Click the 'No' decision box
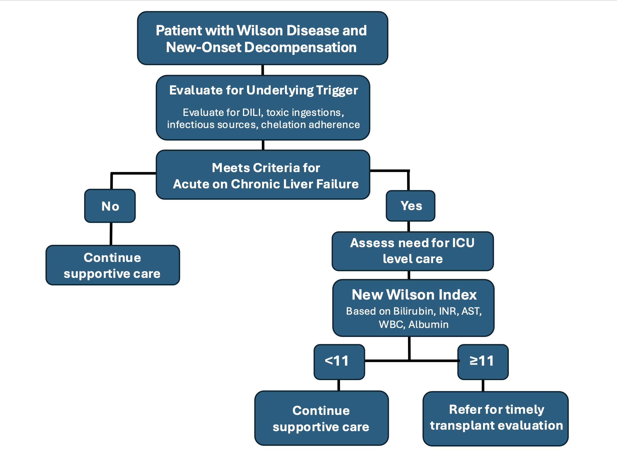point(110,206)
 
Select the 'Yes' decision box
point(411,206)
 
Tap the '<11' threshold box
point(339,362)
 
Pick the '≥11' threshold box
point(483,362)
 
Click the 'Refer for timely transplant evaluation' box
point(496,419)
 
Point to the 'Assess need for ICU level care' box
point(413,251)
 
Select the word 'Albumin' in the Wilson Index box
point(428,324)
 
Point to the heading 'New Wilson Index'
point(414,295)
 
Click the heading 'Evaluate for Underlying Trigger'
point(264,90)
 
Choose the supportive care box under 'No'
point(113,265)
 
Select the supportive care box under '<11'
point(322,418)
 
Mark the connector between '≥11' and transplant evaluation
point(483,386)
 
